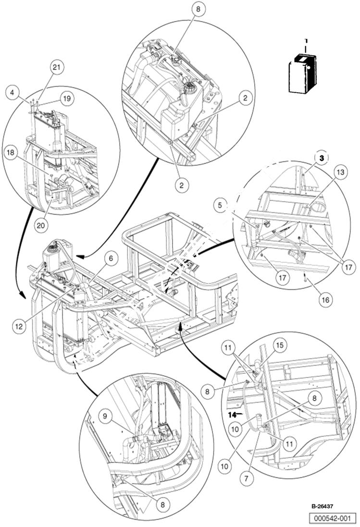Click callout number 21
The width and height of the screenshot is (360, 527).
coord(57,69)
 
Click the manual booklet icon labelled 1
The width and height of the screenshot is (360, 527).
coord(301,72)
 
